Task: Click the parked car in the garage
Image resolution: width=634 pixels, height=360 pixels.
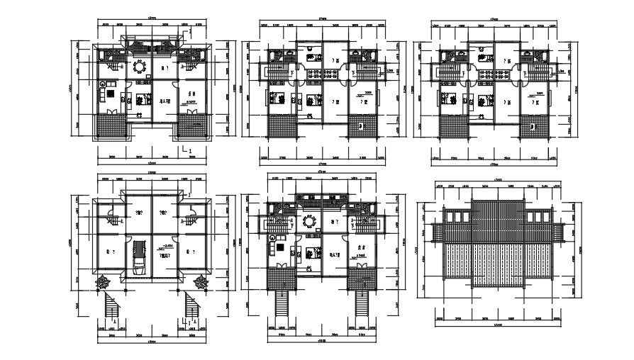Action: (140, 257)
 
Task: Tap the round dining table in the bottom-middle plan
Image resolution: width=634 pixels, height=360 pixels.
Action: (309, 222)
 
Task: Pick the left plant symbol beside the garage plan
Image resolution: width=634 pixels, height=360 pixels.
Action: (103, 281)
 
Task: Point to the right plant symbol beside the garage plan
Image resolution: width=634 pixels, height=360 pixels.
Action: (200, 281)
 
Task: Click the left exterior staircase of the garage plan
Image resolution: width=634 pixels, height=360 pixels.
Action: (111, 308)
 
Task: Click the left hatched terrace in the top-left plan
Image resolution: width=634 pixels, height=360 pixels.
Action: (111, 128)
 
